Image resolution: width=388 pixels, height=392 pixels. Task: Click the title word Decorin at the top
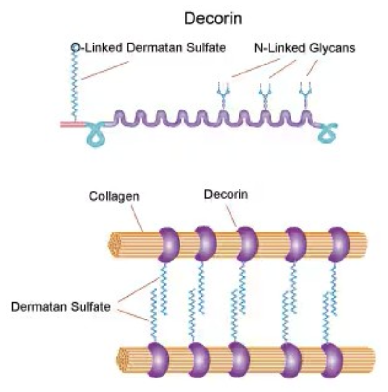coord(213,18)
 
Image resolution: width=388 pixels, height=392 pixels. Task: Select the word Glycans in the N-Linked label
coord(332,48)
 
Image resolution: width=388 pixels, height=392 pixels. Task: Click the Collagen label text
coord(114,196)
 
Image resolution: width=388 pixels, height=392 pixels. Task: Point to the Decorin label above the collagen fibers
coord(226,194)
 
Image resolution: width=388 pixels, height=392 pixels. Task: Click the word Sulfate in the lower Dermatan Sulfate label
coord(90,306)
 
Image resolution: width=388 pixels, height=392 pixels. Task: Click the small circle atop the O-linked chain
coord(75,47)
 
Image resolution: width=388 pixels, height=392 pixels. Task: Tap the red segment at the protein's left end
coord(72,124)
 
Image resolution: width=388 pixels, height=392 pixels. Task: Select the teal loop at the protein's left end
coord(96,135)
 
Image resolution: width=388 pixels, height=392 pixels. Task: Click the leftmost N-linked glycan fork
coord(223,95)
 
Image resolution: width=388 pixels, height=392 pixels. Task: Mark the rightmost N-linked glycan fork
coord(306,95)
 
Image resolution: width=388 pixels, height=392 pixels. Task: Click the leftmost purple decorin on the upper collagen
coord(169,245)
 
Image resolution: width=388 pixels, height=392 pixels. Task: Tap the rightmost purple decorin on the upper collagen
coord(339,245)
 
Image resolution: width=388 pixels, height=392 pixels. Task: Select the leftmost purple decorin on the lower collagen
coord(157,360)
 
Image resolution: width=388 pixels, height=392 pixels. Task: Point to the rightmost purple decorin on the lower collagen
coord(332,360)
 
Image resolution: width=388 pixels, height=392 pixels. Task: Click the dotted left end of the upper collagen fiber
coord(114,245)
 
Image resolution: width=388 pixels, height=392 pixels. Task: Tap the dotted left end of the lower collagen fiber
coord(122,360)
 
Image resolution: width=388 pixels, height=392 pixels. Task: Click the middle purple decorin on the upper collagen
coord(247,245)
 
